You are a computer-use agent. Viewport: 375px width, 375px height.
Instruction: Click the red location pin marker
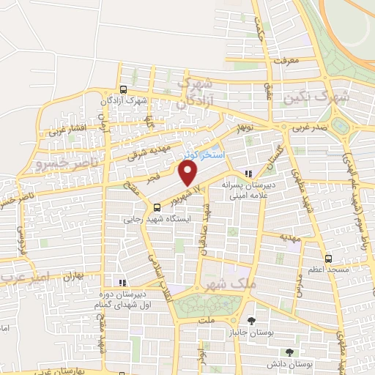[189, 174]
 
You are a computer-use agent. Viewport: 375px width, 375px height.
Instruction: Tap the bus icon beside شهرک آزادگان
[122, 89]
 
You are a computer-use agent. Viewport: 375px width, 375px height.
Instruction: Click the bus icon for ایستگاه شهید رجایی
[157, 206]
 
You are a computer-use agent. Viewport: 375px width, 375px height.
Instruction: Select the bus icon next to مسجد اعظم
[327, 258]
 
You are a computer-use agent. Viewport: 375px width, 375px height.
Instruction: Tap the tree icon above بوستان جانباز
[252, 321]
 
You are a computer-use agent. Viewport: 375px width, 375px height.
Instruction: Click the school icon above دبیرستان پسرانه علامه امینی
[249, 174]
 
